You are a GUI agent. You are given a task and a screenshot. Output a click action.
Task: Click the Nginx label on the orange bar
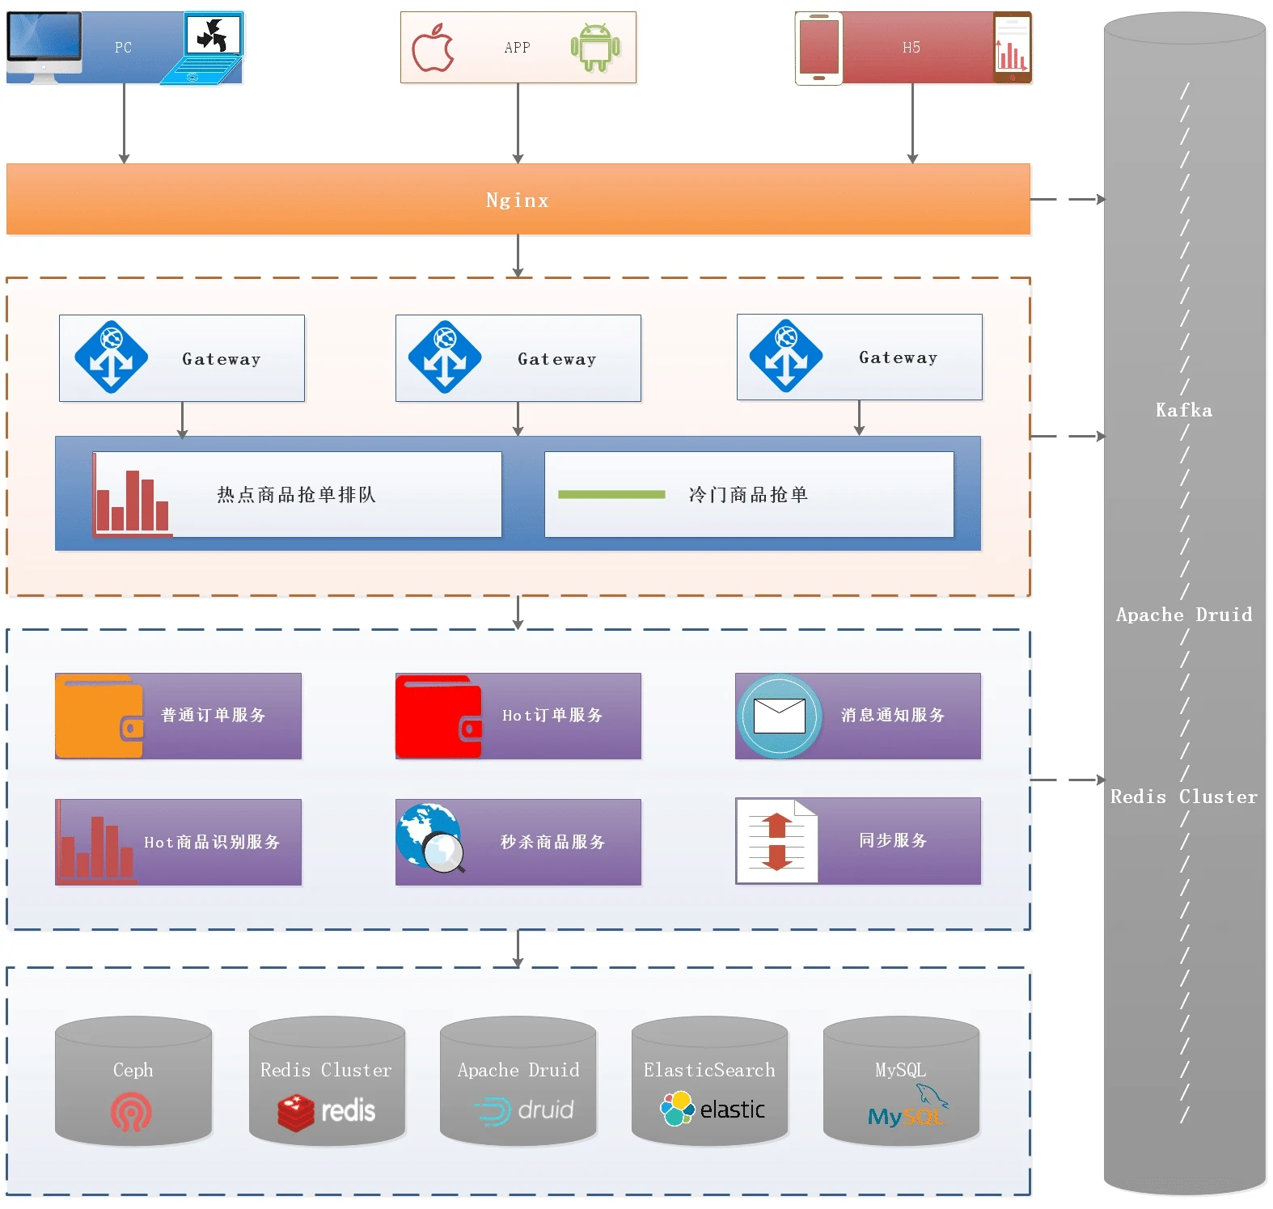518,201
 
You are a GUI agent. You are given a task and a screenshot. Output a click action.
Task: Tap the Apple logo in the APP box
433,48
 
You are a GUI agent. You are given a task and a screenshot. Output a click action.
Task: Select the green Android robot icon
595,48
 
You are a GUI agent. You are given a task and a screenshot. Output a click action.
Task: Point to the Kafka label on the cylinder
1184,410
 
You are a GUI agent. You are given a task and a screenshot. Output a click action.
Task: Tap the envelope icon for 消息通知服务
779,716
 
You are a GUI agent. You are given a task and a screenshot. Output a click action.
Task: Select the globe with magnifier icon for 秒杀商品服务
431,839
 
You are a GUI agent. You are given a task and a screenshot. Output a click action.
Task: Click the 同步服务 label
893,840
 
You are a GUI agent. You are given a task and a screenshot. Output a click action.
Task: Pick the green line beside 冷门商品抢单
611,494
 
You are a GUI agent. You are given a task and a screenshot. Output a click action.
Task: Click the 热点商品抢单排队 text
296,494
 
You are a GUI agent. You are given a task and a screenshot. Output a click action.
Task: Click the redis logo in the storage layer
327,1111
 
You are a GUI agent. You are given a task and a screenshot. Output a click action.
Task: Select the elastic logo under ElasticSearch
713,1110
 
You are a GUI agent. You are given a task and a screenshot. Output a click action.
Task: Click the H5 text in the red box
911,48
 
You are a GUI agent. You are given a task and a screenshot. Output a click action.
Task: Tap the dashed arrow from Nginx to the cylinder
1068,199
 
